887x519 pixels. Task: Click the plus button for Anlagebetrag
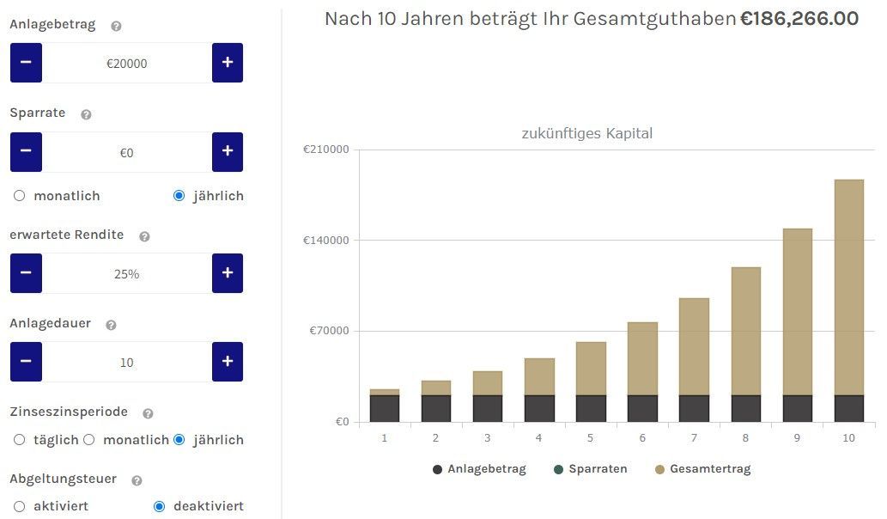(228, 63)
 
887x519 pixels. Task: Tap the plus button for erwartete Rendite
(228, 273)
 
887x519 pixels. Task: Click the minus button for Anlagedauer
(26, 362)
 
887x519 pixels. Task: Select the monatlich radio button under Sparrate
(20, 196)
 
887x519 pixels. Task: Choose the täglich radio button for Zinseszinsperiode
(20, 440)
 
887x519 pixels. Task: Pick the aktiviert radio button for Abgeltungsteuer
(20, 506)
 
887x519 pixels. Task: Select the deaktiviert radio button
(159, 506)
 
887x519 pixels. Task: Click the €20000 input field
(127, 64)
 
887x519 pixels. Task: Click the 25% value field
(127, 274)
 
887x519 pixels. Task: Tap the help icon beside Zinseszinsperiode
(148, 413)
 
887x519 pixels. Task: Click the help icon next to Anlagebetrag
(117, 26)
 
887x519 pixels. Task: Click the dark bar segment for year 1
(385, 408)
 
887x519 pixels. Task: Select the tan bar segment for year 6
(642, 358)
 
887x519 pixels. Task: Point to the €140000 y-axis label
(326, 240)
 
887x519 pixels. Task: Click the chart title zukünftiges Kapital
(587, 133)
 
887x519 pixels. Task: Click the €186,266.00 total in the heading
(799, 19)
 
